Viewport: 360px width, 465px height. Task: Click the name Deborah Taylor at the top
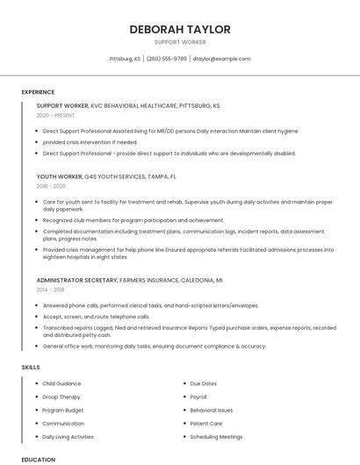pyautogui.click(x=180, y=29)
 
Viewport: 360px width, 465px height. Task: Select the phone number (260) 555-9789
pyautogui.click(x=167, y=59)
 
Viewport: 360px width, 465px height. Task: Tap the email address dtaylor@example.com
pyautogui.click(x=221, y=59)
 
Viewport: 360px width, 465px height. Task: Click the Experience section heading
pyautogui.click(x=38, y=92)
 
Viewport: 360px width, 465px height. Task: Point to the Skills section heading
pyautogui.click(x=31, y=367)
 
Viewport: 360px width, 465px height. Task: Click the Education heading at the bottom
pyautogui.click(x=38, y=459)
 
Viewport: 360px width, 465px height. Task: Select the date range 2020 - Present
pyautogui.click(x=55, y=115)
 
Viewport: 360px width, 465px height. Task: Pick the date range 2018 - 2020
pyautogui.click(x=51, y=186)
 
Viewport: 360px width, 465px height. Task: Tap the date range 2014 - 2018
pyautogui.click(x=51, y=290)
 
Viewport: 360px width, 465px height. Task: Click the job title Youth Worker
pyautogui.click(x=59, y=176)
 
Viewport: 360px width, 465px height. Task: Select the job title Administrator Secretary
pyautogui.click(x=76, y=280)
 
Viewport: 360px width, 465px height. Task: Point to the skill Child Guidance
pyautogui.click(x=61, y=383)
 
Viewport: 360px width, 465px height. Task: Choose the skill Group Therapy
pyautogui.click(x=61, y=397)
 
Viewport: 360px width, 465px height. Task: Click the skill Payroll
pyautogui.click(x=198, y=397)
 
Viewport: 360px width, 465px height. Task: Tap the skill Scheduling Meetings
pyautogui.click(x=216, y=436)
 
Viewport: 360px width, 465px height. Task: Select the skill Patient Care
pyautogui.click(x=206, y=423)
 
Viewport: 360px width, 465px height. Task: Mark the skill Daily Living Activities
pyautogui.click(x=68, y=436)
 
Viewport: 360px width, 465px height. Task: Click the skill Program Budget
pyautogui.click(x=63, y=410)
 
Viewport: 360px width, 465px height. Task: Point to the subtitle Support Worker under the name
pyautogui.click(x=180, y=42)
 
